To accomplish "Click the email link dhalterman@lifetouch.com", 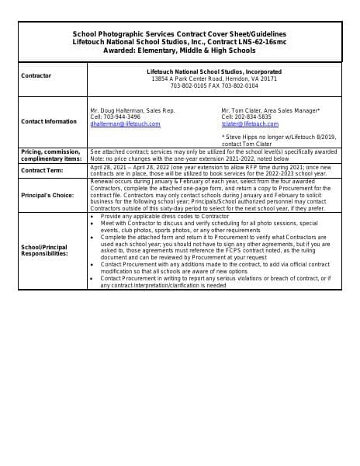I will (x=125, y=123).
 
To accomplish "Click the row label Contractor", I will (x=36, y=75).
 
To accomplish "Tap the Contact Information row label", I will (x=49, y=121).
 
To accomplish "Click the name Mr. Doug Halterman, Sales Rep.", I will (x=132, y=111).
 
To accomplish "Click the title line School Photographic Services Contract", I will (x=179, y=34).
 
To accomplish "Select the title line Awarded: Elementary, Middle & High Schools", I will (x=179, y=48).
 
